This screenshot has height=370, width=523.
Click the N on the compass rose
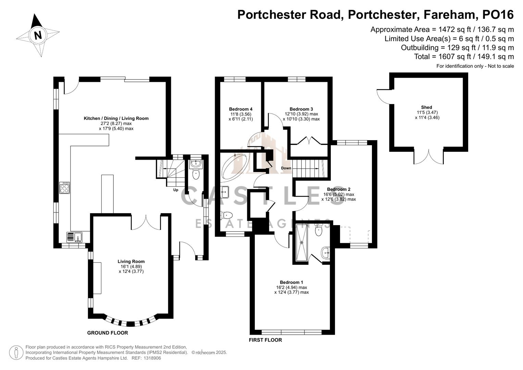tap(38, 35)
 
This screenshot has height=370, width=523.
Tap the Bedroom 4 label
tap(240, 109)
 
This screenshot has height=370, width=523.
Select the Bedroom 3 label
tap(301, 109)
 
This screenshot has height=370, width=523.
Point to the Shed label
tap(426, 107)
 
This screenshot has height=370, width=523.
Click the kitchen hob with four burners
tap(64, 188)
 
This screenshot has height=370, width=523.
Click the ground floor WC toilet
tap(196, 174)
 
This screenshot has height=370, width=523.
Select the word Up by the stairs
tap(176, 190)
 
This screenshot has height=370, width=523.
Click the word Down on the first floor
tap(286, 168)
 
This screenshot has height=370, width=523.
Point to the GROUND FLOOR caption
tap(108, 333)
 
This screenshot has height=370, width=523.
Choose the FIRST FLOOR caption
tap(265, 340)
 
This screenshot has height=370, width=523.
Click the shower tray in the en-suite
tap(302, 243)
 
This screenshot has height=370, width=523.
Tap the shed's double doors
tap(429, 157)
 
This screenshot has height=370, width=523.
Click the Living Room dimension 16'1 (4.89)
tap(131, 267)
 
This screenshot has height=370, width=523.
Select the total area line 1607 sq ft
tap(464, 57)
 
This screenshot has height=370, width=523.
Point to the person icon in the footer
tap(16, 353)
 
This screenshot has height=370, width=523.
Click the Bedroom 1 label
tap(291, 282)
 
